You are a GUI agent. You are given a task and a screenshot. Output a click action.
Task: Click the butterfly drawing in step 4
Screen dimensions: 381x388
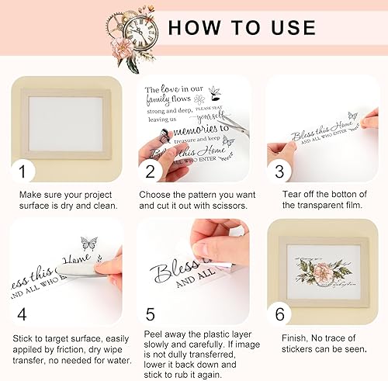tap(88, 244)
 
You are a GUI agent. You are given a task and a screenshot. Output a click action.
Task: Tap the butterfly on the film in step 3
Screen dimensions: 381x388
tap(352, 116)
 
